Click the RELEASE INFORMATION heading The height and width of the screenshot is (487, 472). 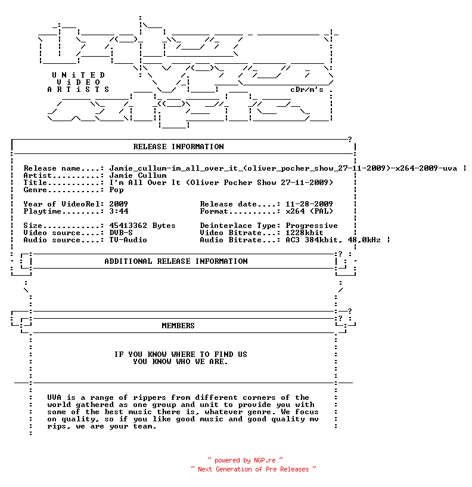pos(178,147)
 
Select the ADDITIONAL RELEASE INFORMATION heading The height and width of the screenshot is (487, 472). pos(176,261)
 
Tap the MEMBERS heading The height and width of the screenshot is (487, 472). pos(178,325)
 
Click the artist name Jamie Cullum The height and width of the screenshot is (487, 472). pos(138,175)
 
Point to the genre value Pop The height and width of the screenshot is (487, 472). pos(116,190)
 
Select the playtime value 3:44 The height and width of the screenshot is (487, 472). pos(119,211)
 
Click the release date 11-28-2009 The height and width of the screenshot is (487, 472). pos(309,204)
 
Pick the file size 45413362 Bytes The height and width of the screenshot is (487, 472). pos(142,226)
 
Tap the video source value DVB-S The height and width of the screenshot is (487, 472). pos(121,233)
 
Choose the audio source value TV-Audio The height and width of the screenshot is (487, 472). pos(128,240)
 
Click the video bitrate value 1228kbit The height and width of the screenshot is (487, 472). pos(305,233)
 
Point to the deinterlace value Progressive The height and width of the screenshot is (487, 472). pos(312,226)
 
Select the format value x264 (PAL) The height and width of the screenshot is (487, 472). pos(309,211)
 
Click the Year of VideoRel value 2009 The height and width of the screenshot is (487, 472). pos(119,204)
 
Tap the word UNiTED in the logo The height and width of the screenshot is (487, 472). pos(79,75)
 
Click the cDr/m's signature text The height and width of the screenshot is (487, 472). pos(307,90)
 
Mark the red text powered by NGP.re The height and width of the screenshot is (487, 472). pos(245,460)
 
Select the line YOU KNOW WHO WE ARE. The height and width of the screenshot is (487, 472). pos(181,362)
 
